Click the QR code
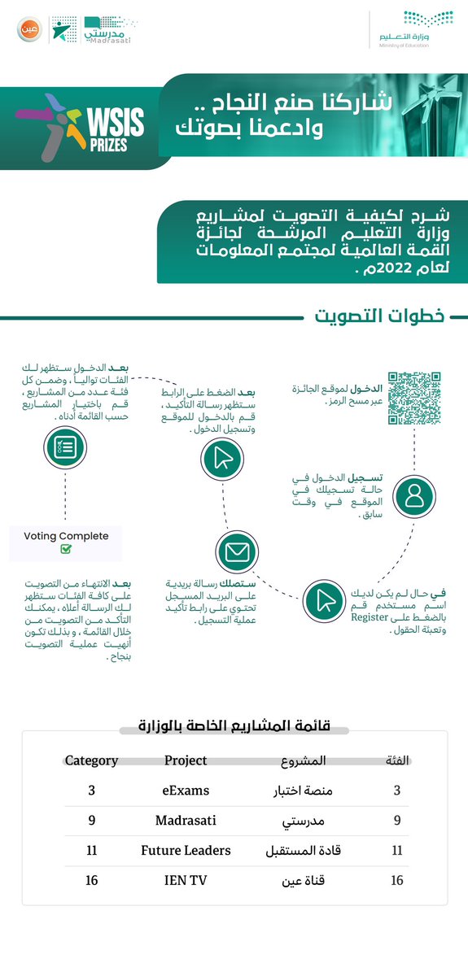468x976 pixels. coord(413,399)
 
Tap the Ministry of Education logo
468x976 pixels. coord(414,30)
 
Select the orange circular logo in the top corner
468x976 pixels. coord(26,30)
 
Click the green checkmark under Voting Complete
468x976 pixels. coord(66,550)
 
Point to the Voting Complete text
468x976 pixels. coord(66,536)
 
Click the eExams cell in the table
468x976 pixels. coord(186,790)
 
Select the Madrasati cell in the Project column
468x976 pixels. coord(186,820)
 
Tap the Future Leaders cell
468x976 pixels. coord(186,850)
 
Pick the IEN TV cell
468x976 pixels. coord(186,879)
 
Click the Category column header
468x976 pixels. coord(92,760)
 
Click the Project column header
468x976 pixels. coord(186,760)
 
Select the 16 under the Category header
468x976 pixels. coord(92,879)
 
